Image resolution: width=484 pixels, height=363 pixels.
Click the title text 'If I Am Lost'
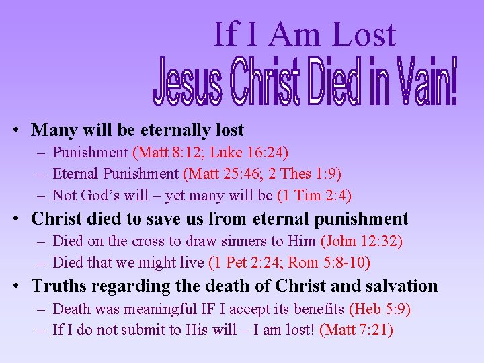305,34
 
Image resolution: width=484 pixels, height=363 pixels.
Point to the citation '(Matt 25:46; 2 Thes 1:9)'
262,175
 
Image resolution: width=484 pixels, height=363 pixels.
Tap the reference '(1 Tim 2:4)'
314,196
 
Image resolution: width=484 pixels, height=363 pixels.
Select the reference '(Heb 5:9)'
379,309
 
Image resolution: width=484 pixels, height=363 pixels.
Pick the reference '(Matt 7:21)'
356,330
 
